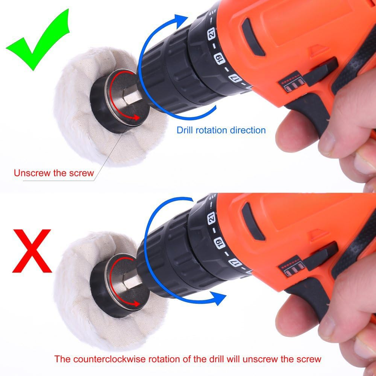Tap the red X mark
pyautogui.click(x=32, y=251)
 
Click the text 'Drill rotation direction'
pyautogui.click(x=221, y=130)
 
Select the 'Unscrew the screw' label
pyautogui.click(x=54, y=173)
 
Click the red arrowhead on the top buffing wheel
pyautogui.click(x=136, y=117)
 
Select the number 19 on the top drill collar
pyautogui.click(x=220, y=58)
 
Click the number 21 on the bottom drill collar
pyautogui.click(x=211, y=218)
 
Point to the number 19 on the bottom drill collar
pyautogui.click(x=220, y=243)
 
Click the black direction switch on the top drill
pyautogui.click(x=320, y=71)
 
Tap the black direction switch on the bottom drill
pyautogui.click(x=320, y=256)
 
